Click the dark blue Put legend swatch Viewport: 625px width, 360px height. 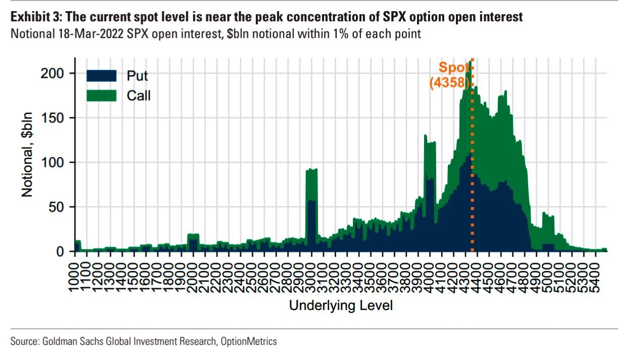[101, 76]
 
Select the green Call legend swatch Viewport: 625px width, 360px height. [101, 95]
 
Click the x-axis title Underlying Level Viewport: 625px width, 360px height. [341, 305]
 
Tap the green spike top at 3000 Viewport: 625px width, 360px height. [311, 170]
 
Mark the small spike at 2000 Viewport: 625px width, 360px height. [193, 235]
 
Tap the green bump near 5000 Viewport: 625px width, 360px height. [548, 216]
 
